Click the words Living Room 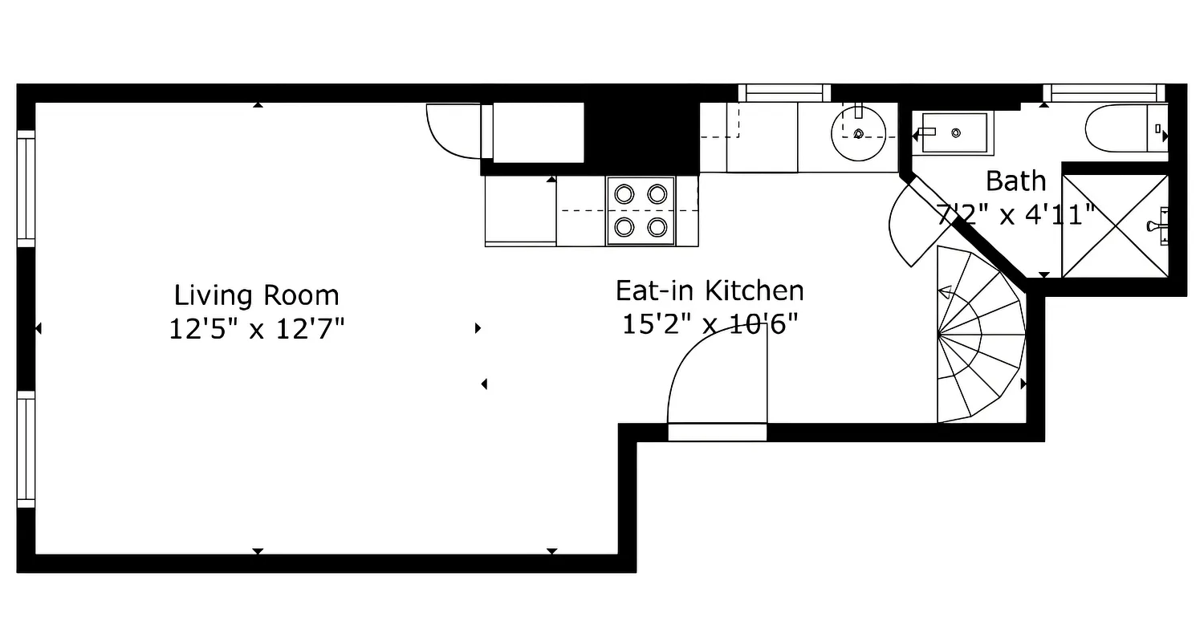pos(256,295)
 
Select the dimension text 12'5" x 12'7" pos(256,328)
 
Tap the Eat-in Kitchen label pos(710,290)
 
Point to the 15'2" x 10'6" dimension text pos(710,323)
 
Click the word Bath pos(1016,181)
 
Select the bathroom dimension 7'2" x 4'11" pos(1016,214)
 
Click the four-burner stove pos(641,210)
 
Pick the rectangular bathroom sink pos(954,132)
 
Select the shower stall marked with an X pos(1115,226)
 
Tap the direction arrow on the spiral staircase pos(946,293)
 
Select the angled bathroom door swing pos(911,225)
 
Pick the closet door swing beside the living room pos(451,130)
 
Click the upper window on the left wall pos(26,189)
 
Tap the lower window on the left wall pos(26,449)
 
